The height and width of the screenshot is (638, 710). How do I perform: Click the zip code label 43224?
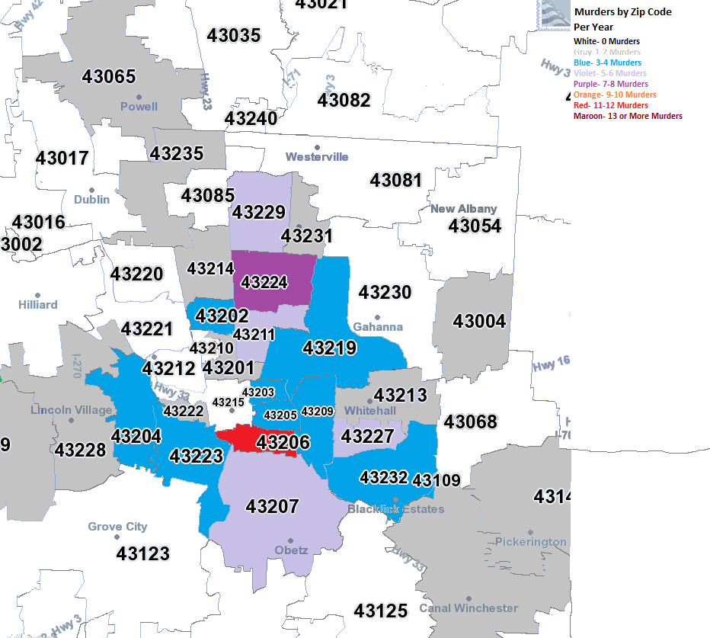(264, 283)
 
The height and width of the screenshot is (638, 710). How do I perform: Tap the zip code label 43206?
(283, 442)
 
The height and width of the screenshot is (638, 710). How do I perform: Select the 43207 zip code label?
(272, 506)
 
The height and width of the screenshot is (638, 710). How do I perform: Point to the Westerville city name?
(317, 157)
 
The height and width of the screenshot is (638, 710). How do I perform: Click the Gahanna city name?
(378, 327)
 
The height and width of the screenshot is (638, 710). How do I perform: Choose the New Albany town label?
(463, 209)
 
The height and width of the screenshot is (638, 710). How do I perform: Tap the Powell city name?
(139, 107)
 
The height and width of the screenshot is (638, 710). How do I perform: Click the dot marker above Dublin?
(91, 189)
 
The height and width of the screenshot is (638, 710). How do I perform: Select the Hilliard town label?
(38, 305)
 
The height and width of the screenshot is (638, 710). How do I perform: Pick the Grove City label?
(117, 527)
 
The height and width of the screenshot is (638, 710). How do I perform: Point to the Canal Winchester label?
(469, 608)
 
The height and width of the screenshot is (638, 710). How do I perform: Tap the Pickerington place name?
(531, 542)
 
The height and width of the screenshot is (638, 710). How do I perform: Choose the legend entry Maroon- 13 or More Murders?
(628, 116)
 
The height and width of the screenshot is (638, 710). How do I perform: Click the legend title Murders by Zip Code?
(622, 12)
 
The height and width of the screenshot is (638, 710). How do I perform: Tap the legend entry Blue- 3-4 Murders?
(607, 63)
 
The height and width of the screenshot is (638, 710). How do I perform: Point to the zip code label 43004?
(479, 321)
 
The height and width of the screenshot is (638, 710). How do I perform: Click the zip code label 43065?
(109, 76)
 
